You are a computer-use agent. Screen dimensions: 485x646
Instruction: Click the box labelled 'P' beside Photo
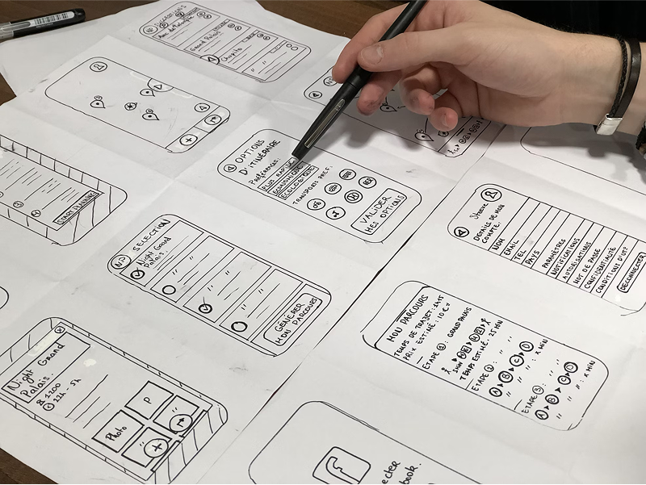point(148,400)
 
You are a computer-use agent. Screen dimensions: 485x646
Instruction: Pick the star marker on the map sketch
point(128,107)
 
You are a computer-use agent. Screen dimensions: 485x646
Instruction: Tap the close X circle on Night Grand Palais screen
point(59,330)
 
